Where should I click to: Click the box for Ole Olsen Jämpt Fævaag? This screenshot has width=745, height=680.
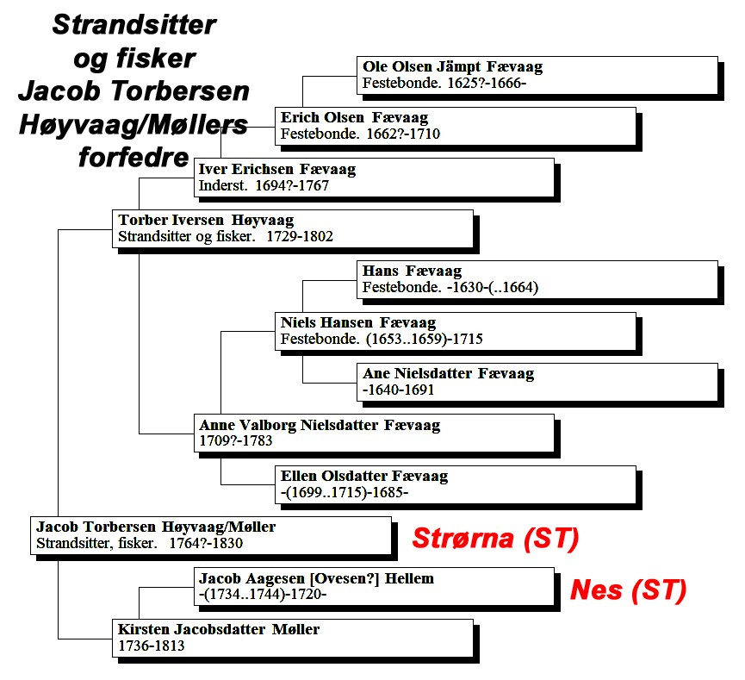(537, 76)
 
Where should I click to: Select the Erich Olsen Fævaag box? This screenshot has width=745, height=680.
(456, 127)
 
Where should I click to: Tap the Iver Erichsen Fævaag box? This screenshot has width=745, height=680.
(374, 178)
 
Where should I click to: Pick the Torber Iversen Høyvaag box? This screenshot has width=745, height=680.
(293, 228)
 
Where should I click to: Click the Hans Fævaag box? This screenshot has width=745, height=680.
(537, 279)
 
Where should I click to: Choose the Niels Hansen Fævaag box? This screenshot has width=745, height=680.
(456, 331)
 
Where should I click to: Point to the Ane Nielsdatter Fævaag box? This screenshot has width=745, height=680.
(537, 383)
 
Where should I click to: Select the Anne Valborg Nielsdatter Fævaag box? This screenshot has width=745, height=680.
(374, 434)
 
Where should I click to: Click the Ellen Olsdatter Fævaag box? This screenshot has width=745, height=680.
(456, 484)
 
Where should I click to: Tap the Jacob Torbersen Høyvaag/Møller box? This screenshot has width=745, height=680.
(211, 535)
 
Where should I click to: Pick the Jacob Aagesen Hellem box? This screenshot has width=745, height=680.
(374, 586)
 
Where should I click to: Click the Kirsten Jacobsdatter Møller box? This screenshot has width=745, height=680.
(293, 638)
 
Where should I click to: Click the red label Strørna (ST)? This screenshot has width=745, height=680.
(495, 539)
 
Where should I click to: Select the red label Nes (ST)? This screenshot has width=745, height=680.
(628, 590)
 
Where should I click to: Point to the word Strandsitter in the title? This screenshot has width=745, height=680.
(134, 25)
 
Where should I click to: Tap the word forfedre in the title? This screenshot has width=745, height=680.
(133, 157)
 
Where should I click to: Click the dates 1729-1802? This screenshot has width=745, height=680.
(300, 236)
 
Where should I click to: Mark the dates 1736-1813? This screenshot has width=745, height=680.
(151, 646)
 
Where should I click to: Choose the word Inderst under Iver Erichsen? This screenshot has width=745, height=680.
(223, 185)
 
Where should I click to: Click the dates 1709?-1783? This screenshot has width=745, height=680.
(236, 440)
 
